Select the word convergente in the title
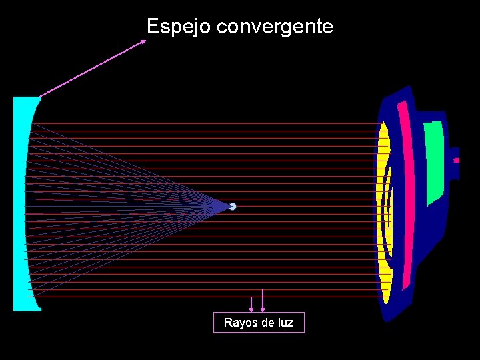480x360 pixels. (x=275, y=27)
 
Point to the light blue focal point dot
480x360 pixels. (x=233, y=207)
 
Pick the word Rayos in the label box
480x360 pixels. (x=238, y=323)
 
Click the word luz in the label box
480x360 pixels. (x=285, y=323)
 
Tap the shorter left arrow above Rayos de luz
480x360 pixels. (x=251, y=304)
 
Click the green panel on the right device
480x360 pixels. (x=434, y=160)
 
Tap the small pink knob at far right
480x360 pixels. (x=456, y=160)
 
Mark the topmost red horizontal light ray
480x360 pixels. (x=200, y=123)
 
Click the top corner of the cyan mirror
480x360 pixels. (x=39, y=98)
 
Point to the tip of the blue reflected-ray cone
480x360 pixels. (x=227, y=207)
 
